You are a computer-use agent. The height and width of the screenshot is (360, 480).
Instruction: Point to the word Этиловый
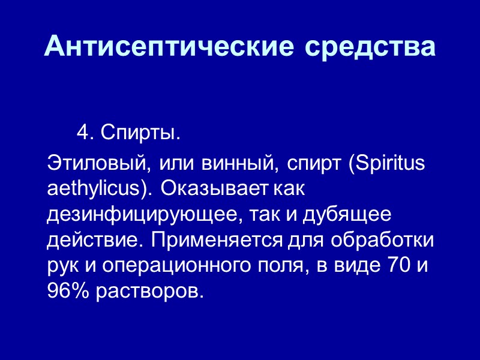pyautogui.click(x=96, y=164)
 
